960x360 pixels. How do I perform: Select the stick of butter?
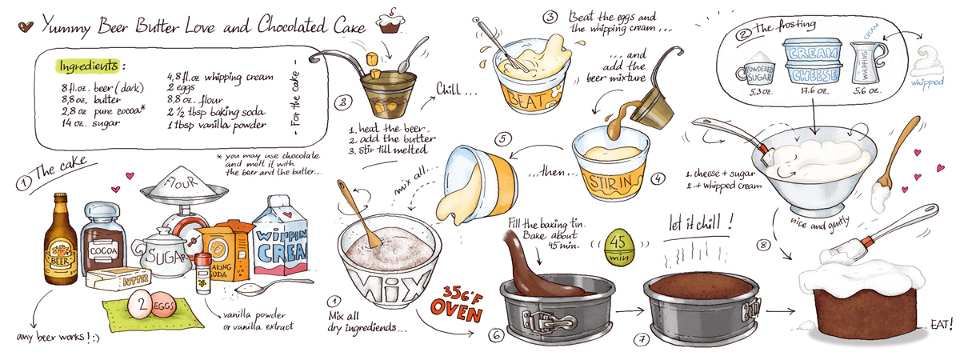pos(118,279)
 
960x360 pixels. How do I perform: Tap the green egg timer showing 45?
pos(619,246)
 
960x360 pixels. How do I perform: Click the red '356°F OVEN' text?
pos(458,303)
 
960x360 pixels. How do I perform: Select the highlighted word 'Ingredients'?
pos(88,66)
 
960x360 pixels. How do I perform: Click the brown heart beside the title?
pos(26,26)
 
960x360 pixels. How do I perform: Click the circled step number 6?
pos(496,335)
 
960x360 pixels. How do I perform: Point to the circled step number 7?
pos(642,340)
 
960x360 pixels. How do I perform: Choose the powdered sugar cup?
pos(757,70)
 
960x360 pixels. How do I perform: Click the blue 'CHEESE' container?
pos(813,74)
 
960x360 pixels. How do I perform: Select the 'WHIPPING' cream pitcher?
pos(866,63)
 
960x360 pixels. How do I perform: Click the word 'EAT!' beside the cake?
pos(941,324)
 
